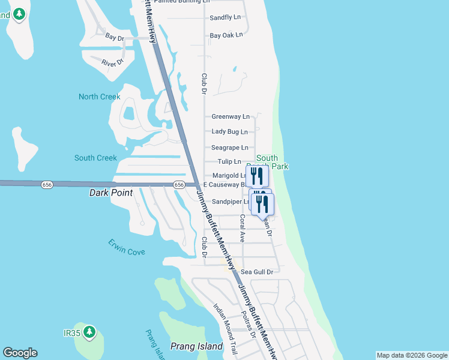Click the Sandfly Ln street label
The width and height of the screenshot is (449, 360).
click(225, 17)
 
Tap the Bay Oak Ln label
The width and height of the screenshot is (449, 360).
click(226, 35)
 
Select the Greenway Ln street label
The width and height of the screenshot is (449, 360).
click(231, 116)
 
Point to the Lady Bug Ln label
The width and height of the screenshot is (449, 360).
click(230, 131)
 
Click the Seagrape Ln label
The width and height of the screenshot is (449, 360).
click(230, 148)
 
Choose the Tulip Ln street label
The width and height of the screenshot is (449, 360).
click(229, 161)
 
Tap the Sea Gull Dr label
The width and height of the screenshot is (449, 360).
click(257, 272)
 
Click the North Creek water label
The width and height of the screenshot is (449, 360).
click(100, 97)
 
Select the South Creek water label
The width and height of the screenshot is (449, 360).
click(95, 158)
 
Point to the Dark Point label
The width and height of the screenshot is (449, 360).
click(110, 193)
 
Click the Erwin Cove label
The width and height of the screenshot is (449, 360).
click(127, 247)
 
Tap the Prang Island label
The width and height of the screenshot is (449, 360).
click(196, 346)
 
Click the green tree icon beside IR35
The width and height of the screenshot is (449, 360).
click(89, 331)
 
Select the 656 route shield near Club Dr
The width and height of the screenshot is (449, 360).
click(179, 185)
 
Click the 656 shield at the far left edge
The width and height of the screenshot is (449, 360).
click(47, 184)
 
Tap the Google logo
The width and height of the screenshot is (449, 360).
click(20, 353)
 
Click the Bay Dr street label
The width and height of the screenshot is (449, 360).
click(114, 37)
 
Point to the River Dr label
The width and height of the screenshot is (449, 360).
click(112, 62)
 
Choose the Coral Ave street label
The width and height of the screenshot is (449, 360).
click(243, 228)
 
